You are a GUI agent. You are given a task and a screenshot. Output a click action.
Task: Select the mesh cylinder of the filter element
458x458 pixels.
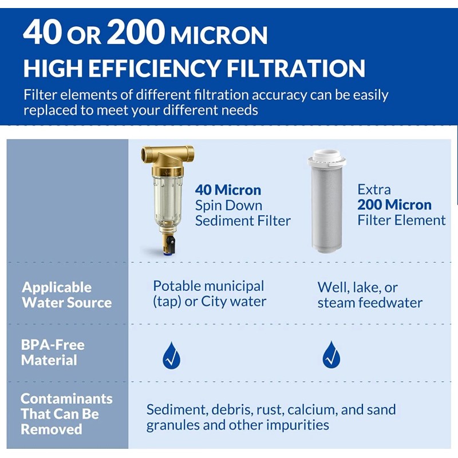pos(327,209)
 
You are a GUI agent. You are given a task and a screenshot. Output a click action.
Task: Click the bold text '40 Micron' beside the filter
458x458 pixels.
pos(228,189)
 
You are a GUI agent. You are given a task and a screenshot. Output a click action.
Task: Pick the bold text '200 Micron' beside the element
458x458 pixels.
pos(394,204)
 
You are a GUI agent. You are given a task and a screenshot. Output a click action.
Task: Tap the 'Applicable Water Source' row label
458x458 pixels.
pos(66,295)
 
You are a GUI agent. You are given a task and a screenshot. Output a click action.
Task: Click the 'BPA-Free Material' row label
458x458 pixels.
pos(53,353)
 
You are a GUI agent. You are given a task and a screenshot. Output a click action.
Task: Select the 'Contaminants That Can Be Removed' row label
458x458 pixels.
pos(66,414)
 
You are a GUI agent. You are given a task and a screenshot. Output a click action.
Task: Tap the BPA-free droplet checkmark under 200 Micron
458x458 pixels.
pos(331,356)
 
